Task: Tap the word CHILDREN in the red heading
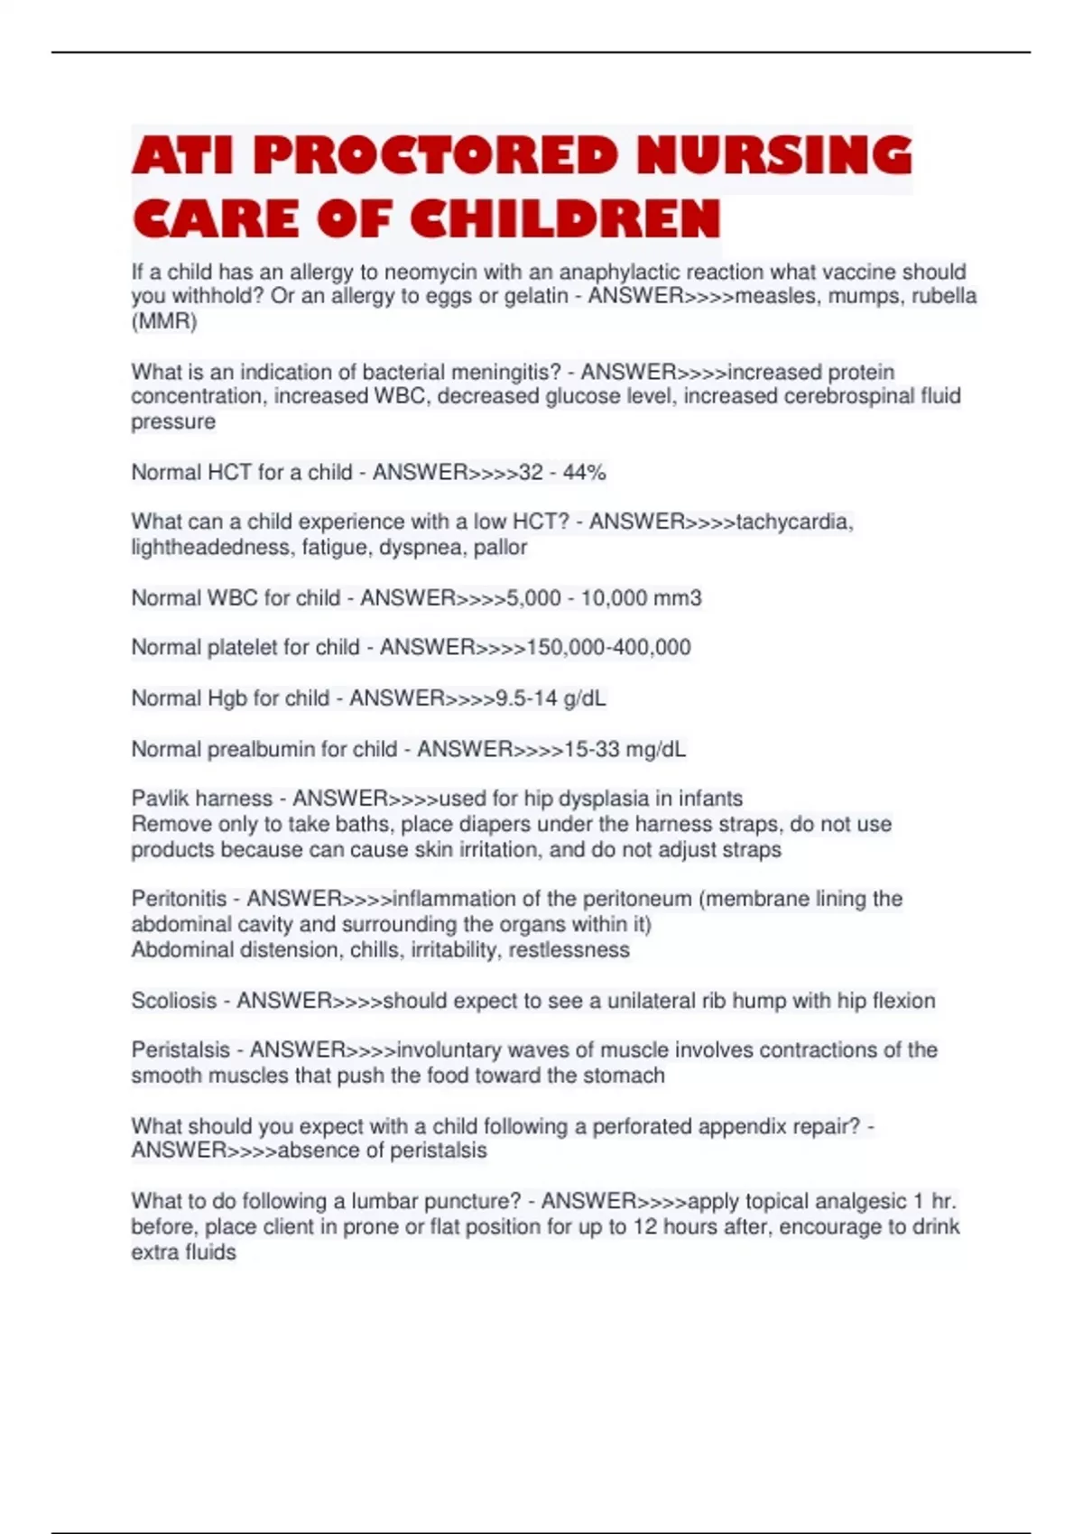565,219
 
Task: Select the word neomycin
430,272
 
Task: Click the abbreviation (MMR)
164,321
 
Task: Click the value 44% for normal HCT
585,472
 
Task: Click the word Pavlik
160,799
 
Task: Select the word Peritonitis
179,899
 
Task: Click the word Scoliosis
174,1001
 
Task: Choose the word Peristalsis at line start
180,1050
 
